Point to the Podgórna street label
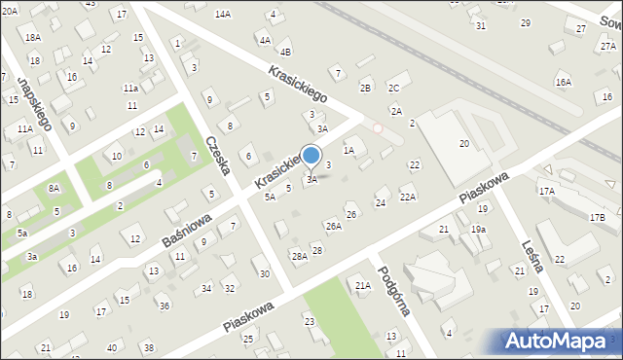coord(395,290)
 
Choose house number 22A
coord(408,198)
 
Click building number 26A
coord(333,226)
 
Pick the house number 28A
coord(299,256)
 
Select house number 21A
coord(362,285)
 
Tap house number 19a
coord(478,229)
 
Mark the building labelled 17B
coord(597,217)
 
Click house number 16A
coord(563,83)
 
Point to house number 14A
coord(223,14)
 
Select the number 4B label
coord(284,52)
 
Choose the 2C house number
coord(393,88)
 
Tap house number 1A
coord(348,151)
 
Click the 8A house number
coord(55,189)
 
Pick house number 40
coord(112,347)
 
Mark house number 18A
coord(33,37)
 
